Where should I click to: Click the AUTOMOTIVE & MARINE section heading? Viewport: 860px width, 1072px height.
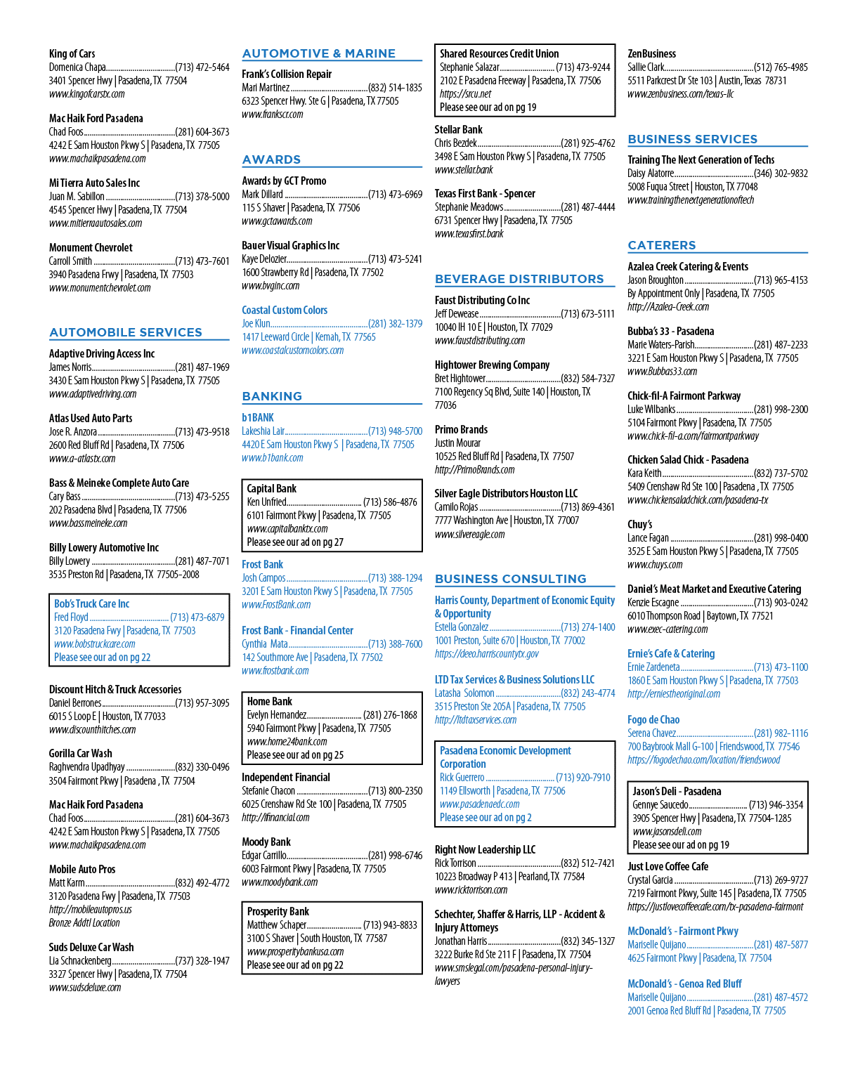318,53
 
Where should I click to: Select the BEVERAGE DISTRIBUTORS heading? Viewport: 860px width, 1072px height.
519,279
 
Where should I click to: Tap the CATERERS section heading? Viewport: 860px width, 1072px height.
662,245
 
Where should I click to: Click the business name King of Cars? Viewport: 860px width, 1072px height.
72,54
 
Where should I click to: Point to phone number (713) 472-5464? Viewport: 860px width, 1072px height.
202,67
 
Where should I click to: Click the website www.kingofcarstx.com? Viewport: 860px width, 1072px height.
86,93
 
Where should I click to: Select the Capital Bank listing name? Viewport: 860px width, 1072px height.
271,488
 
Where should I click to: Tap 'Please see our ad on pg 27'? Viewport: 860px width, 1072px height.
295,542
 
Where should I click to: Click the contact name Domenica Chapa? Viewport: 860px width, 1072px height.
77,67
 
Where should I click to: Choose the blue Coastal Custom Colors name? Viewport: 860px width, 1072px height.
285,310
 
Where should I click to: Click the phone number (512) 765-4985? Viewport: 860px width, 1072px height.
781,67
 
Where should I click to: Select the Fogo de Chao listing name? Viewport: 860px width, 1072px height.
653,719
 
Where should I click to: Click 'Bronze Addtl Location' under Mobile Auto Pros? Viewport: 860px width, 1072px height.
84,922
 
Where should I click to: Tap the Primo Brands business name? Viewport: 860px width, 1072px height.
461,429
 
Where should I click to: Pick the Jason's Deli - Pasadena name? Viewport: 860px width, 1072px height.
677,791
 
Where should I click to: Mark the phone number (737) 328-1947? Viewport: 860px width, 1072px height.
202,960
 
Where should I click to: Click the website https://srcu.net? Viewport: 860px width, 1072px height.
465,93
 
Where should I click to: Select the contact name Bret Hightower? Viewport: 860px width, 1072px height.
460,378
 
